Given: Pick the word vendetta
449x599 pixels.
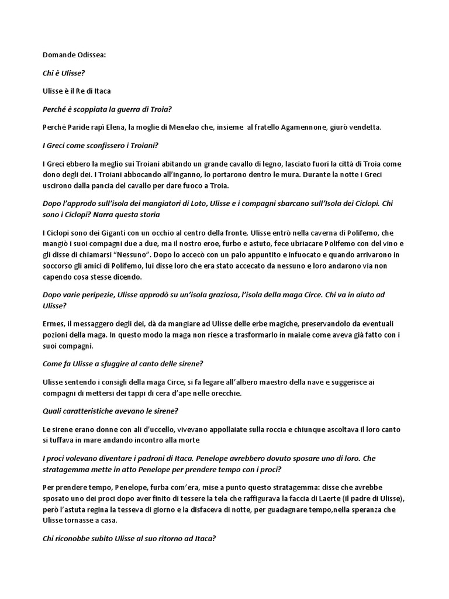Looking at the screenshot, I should [364, 128].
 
